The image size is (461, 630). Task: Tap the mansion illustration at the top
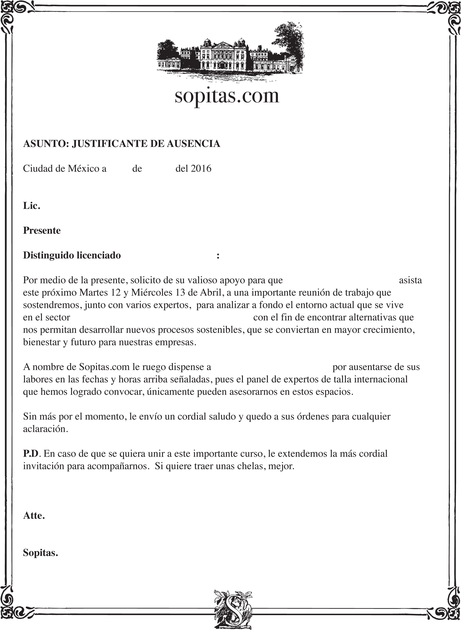(x=230, y=53)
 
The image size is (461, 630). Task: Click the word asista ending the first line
(x=410, y=280)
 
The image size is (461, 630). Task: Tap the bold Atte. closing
(x=34, y=516)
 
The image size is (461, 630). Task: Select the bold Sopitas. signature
(x=40, y=553)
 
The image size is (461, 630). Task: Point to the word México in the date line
(x=83, y=169)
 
